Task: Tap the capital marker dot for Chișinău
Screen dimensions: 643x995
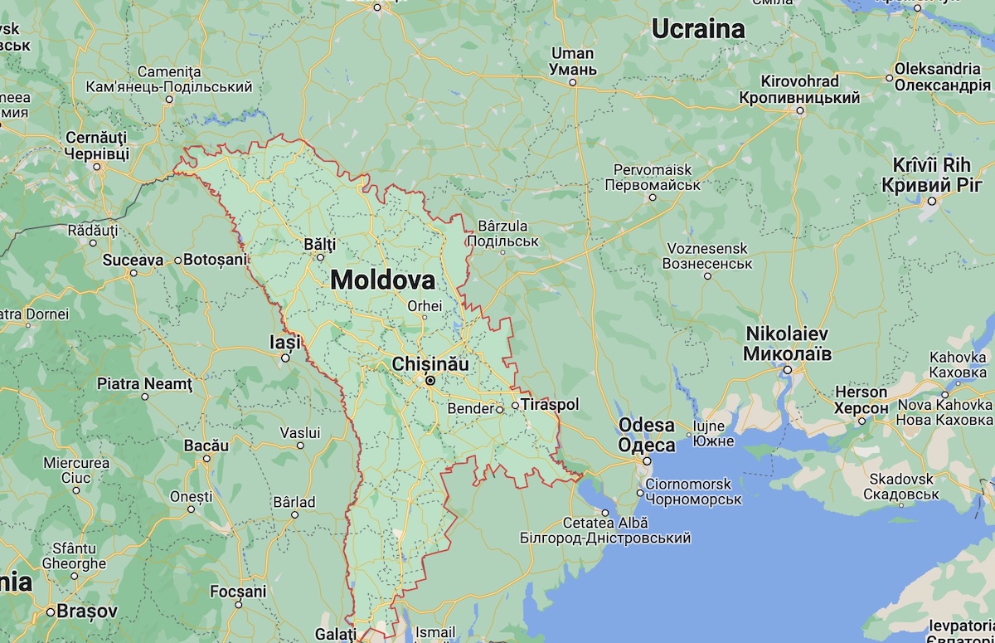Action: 430,381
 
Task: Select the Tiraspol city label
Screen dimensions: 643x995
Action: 550,405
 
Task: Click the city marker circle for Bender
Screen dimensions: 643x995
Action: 500,409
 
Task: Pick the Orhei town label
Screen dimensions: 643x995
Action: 425,305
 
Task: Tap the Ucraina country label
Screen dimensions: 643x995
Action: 697,29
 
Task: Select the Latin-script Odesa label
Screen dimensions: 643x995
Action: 647,426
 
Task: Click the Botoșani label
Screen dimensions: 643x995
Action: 216,260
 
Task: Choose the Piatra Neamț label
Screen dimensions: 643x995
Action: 144,384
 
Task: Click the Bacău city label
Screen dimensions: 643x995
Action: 206,446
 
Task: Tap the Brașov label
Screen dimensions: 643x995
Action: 87,611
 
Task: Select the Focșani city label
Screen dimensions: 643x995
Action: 239,592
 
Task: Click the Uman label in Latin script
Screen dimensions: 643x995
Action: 572,54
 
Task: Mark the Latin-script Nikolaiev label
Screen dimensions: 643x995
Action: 787,333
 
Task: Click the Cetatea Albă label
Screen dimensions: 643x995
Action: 605,523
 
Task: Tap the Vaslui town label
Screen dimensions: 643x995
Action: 299,432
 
